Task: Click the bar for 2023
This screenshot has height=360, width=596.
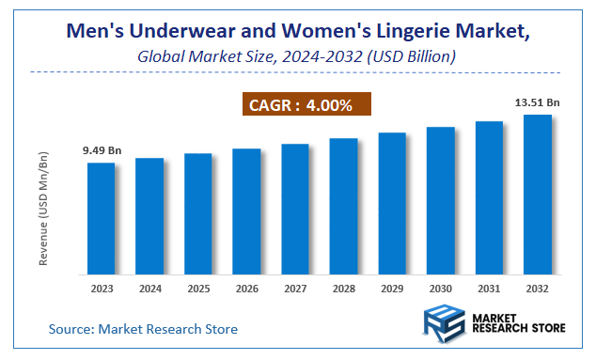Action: [102, 218]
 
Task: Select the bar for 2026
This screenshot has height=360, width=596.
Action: [246, 211]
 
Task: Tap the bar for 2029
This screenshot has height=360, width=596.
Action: [392, 203]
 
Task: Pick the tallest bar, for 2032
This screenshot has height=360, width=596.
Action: [537, 194]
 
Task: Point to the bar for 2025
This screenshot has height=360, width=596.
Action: [198, 213]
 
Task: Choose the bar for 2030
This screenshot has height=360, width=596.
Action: [440, 200]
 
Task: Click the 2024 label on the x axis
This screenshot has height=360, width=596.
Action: [149, 288]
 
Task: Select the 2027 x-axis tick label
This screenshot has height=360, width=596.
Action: [295, 288]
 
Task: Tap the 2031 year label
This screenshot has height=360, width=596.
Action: [489, 288]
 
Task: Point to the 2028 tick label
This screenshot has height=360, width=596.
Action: [343, 288]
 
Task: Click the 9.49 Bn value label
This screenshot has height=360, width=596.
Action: [102, 150]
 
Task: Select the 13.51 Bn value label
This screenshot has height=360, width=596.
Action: [537, 102]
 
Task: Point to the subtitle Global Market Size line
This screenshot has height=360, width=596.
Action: [297, 57]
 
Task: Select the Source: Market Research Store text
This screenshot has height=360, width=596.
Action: [143, 329]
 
